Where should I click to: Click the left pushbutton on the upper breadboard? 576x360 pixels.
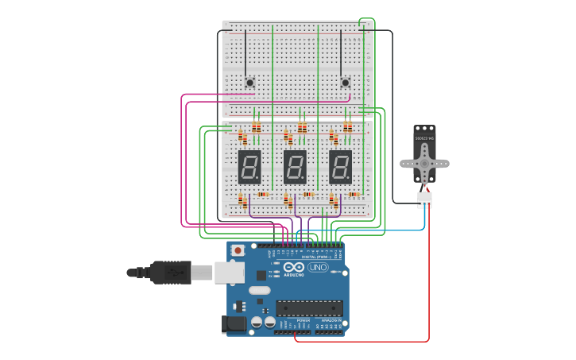(x=249, y=82)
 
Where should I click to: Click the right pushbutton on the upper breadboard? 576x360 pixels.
(x=345, y=82)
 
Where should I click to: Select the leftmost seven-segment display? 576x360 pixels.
(x=249, y=167)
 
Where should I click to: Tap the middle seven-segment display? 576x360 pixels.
(x=295, y=167)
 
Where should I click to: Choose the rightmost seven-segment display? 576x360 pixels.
(x=340, y=167)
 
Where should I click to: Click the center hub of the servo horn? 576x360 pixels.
(x=424, y=164)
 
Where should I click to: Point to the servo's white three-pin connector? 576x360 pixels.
(x=425, y=199)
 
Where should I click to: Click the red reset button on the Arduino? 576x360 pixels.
(x=238, y=250)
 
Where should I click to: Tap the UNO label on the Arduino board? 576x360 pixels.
(x=318, y=267)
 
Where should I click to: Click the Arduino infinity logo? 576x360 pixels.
(x=293, y=267)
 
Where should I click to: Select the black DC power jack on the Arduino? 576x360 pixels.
(x=233, y=323)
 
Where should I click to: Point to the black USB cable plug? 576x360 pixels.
(x=171, y=272)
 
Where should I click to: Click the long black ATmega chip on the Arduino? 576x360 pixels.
(x=310, y=308)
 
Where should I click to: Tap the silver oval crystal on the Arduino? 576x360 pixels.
(x=259, y=290)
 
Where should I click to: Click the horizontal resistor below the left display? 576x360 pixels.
(x=263, y=195)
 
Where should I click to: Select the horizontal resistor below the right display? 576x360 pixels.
(x=354, y=195)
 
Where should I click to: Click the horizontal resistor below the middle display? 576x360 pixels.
(x=308, y=195)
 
